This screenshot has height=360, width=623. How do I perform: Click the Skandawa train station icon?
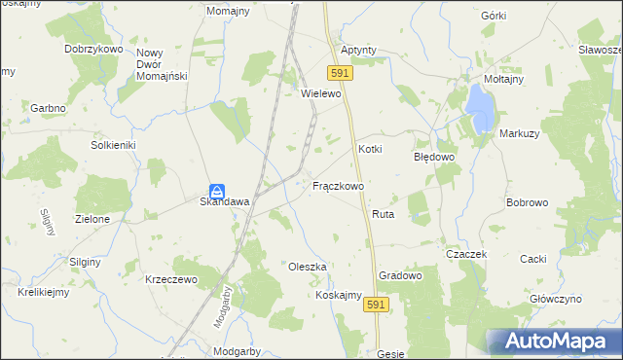(219, 190)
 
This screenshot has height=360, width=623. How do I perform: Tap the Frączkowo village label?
(338, 185)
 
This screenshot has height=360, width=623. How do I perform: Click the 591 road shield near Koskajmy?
(378, 306)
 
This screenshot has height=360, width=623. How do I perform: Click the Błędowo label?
(435, 156)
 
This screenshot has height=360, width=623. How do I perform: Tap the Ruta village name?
(382, 212)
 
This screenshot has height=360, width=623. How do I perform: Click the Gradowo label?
(400, 275)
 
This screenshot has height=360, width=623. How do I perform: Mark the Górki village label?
(494, 17)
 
